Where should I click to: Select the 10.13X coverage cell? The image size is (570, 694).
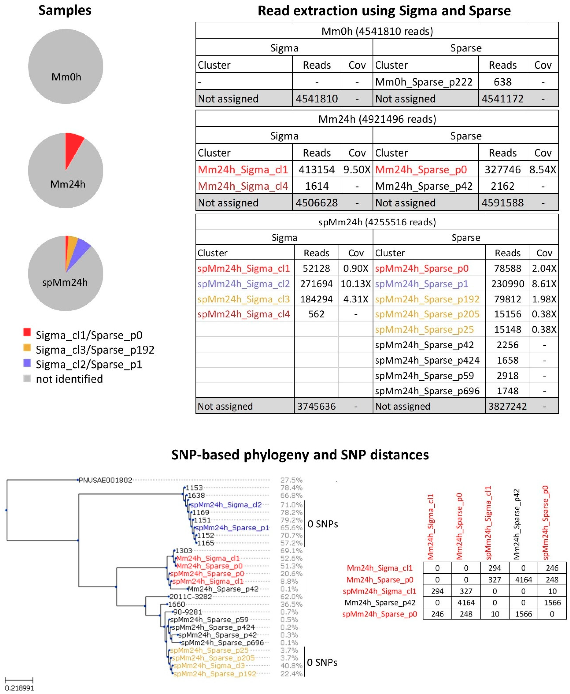tap(356, 284)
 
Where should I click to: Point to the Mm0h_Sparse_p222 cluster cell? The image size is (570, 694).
tap(423, 82)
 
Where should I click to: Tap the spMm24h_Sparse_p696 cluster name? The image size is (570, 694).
tap(427, 391)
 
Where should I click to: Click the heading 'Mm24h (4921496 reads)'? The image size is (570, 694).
tap(377, 119)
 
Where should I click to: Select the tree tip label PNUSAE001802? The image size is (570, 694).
tap(105, 480)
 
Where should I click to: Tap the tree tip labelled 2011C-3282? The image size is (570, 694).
tap(190, 596)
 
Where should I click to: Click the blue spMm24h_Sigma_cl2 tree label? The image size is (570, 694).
tap(226, 504)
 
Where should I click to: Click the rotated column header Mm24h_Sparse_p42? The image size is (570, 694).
tap(516, 524)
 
